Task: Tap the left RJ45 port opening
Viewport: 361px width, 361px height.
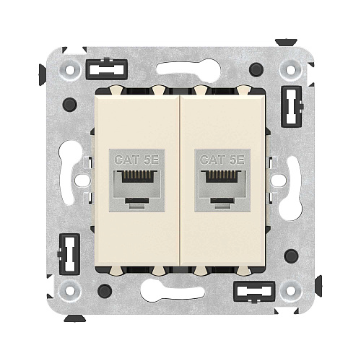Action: (x=136, y=186)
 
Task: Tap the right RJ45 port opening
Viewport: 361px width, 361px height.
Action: (x=223, y=186)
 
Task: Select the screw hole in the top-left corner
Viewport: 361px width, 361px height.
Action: (x=70, y=70)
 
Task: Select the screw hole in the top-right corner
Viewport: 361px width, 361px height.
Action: (x=291, y=70)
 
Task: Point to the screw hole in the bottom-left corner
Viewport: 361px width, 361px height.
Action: (x=70, y=291)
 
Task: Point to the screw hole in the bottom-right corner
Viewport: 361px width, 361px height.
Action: (x=291, y=291)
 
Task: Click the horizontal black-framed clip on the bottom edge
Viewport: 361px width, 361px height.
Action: (x=256, y=292)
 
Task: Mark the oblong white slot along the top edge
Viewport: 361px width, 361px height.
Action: (x=188, y=69)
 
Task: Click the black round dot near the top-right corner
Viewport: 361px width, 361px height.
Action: (x=256, y=70)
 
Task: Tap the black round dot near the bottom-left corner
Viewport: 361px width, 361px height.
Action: (x=105, y=291)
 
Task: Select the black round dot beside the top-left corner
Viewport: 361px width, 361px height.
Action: (x=70, y=105)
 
